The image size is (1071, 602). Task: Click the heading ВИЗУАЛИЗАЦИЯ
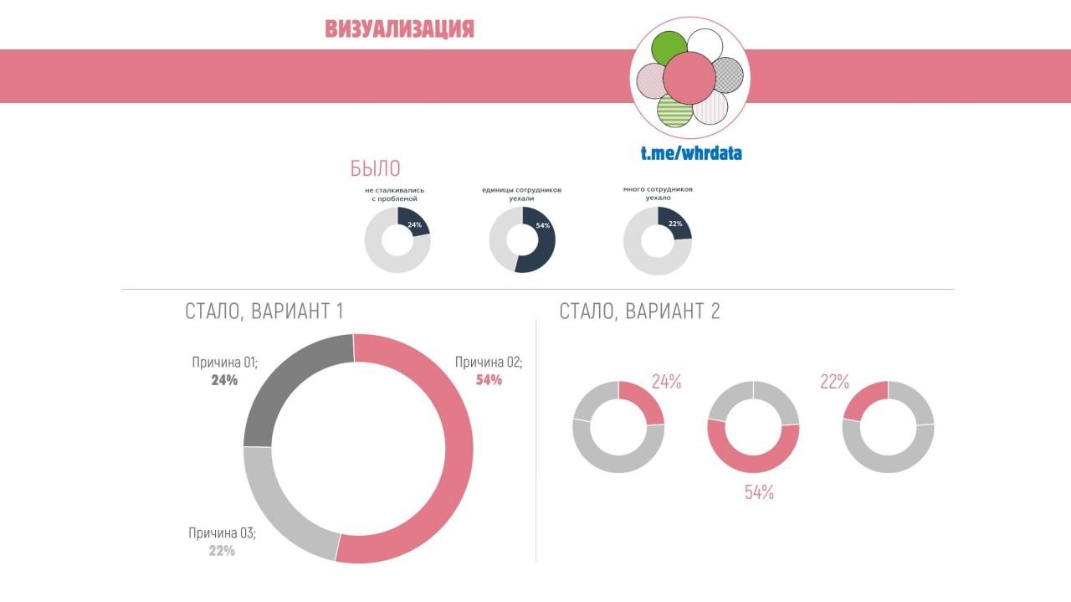pos(399,29)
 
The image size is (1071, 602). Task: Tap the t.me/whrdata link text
pos(691,153)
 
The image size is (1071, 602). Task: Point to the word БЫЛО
pos(375,168)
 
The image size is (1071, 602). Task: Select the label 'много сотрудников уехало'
pos(658,193)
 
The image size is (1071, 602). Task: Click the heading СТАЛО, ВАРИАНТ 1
pos(264,311)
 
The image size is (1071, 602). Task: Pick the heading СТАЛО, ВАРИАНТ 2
pos(639,311)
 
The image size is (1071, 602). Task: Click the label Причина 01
pos(224,363)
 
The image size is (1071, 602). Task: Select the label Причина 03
pos(222,533)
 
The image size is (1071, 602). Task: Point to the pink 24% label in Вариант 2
pos(666,383)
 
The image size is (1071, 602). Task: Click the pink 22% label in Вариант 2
pos(834,383)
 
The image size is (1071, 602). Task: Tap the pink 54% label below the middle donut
pos(759,493)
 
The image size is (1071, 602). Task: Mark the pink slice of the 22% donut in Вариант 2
pos(863,399)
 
